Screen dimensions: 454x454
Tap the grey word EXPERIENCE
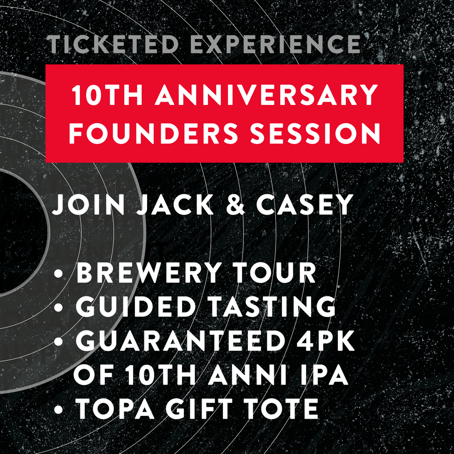click(276, 44)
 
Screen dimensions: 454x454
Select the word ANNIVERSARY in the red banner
click(266, 95)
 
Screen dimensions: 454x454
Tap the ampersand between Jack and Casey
click(235, 205)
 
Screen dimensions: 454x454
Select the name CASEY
click(305, 205)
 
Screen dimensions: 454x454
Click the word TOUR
click(275, 273)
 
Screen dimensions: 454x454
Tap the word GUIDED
click(135, 306)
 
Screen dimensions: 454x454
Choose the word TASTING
click(272, 306)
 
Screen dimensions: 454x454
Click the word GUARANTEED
click(179, 340)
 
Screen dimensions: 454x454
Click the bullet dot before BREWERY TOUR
click(59, 274)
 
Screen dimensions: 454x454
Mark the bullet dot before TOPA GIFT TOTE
click(59, 410)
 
